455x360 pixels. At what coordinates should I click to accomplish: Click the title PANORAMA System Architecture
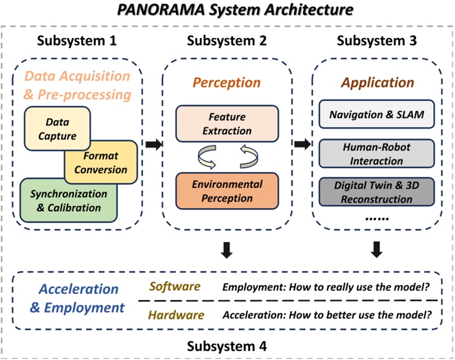tap(227, 10)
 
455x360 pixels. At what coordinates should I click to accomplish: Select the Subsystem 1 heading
tap(78, 41)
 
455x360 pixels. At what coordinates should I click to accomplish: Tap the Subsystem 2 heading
tap(227, 41)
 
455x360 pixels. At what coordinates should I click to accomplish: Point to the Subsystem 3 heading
tap(377, 41)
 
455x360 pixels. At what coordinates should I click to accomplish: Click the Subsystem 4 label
tap(227, 346)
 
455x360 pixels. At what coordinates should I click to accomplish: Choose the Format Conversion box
tap(101, 163)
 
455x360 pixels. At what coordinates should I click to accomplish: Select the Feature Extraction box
tap(226, 124)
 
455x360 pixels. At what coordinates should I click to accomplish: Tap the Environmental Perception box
tap(226, 191)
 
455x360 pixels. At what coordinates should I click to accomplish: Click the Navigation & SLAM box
tap(376, 115)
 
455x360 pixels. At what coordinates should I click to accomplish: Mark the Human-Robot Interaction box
tap(376, 154)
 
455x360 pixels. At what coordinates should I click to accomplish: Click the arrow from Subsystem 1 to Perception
tap(155, 144)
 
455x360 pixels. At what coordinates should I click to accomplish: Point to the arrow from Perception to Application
tap(302, 144)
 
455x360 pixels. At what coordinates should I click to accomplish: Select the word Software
tap(175, 287)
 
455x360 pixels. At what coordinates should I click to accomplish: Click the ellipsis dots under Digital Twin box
tap(376, 217)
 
